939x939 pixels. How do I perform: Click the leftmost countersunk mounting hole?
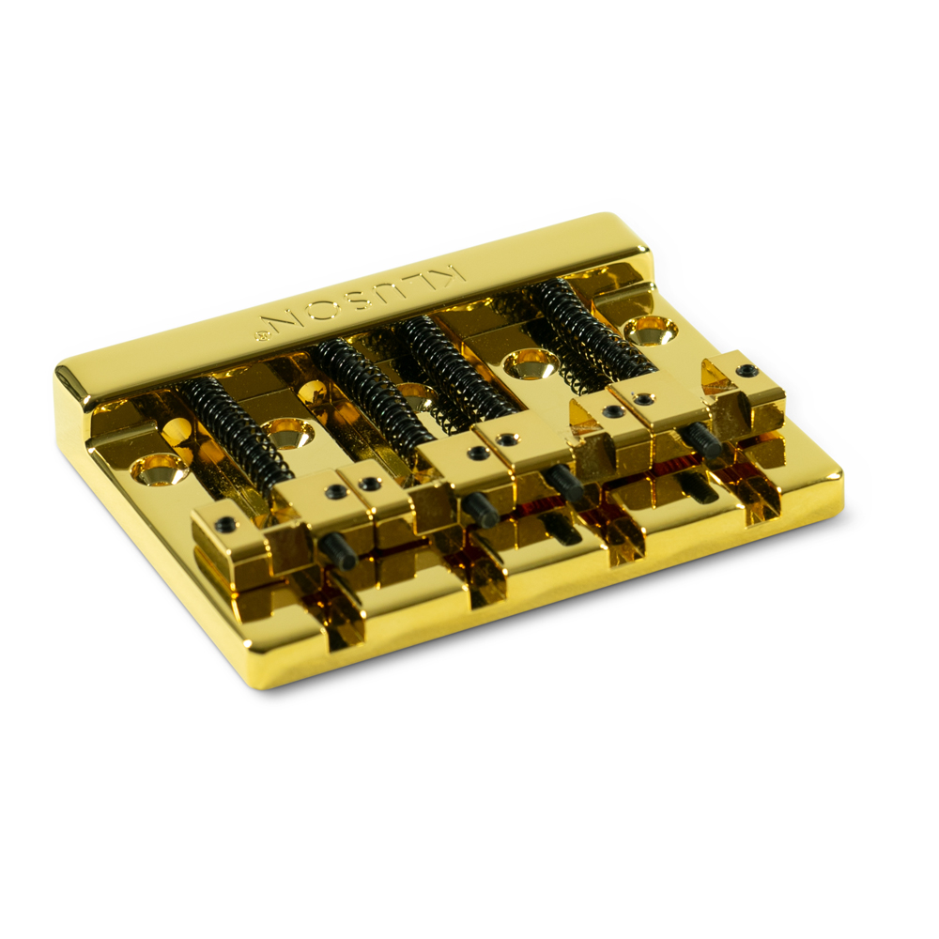pyautogui.click(x=158, y=467)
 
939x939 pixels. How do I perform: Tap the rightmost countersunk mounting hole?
pyautogui.click(x=651, y=329)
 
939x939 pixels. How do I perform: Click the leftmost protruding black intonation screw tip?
pyautogui.click(x=337, y=551)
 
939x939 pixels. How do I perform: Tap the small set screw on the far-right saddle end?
pyautogui.click(x=747, y=370)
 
